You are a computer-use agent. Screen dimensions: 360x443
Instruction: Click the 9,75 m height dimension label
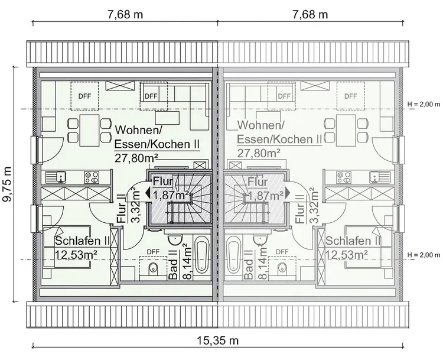[7, 184]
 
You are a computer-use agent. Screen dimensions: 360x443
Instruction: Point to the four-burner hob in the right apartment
[343, 176]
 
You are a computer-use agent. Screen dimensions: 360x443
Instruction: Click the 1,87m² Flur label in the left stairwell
[171, 196]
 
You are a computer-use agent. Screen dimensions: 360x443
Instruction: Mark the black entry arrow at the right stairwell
[286, 192]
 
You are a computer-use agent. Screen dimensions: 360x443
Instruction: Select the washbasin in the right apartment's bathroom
[259, 238]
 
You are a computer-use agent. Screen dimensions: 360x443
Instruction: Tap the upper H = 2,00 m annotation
[424, 104]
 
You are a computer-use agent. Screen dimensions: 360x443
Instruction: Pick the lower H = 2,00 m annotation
[424, 255]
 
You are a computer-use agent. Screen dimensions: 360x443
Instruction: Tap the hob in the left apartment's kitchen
[91, 176]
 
